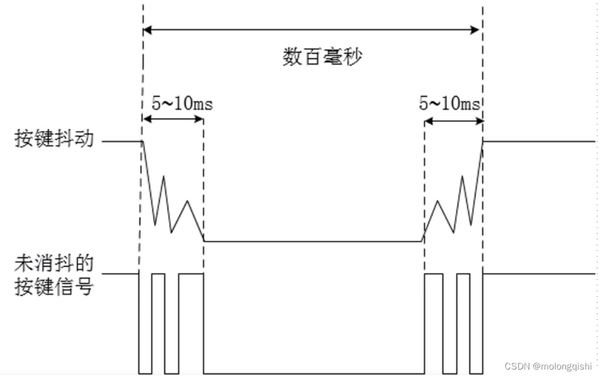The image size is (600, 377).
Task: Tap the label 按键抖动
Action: click(x=53, y=140)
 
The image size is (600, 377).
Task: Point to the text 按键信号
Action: click(x=53, y=286)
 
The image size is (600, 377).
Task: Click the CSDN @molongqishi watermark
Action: click(x=548, y=366)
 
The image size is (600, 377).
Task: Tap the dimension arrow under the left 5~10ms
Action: click(x=173, y=120)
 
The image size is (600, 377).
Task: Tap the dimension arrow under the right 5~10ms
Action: click(x=453, y=120)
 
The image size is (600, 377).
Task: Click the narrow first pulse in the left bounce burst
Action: click(x=158, y=275)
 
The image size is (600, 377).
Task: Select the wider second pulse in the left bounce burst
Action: click(x=191, y=275)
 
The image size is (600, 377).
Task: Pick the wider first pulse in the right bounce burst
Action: click(x=433, y=275)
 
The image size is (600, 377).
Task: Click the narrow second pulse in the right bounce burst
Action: click(x=463, y=275)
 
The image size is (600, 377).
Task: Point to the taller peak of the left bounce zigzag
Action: click(x=163, y=176)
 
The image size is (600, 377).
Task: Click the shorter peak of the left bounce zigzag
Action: click(x=187, y=201)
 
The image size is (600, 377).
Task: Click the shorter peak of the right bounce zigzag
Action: click(x=437, y=201)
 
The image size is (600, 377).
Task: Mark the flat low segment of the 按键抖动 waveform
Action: click(x=313, y=241)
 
